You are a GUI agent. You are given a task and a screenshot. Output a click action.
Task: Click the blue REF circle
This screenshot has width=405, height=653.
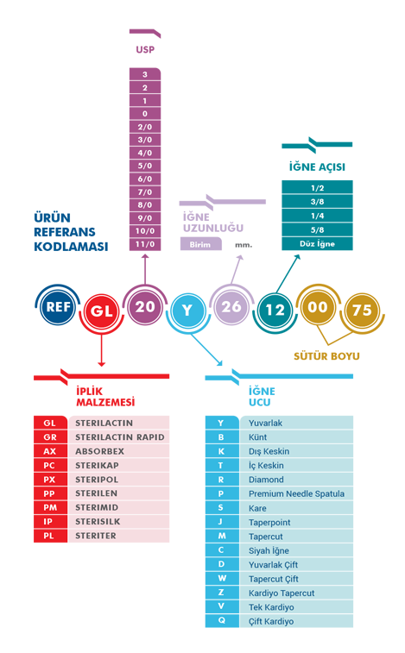click(x=58, y=307)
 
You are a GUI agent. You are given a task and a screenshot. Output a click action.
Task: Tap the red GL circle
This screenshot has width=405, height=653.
click(x=101, y=311)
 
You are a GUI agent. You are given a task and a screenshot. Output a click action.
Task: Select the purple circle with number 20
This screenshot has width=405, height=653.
click(x=145, y=306)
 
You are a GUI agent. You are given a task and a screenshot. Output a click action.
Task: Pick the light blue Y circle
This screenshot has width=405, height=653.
click(x=187, y=311)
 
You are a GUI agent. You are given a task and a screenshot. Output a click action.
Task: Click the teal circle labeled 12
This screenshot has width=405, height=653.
click(x=275, y=310)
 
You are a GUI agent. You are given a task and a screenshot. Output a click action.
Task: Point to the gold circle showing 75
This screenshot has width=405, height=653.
click(x=362, y=310)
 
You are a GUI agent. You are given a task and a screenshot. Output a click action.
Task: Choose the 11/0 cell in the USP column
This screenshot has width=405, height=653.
click(x=145, y=244)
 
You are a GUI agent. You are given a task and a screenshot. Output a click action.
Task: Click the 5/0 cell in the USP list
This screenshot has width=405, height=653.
click(x=145, y=166)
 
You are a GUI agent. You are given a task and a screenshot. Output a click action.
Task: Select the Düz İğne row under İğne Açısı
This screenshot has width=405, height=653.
click(x=318, y=243)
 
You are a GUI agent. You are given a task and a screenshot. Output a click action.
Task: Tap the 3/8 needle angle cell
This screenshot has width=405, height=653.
click(x=318, y=202)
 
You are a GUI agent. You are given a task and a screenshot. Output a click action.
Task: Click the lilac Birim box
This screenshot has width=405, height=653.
click(x=200, y=244)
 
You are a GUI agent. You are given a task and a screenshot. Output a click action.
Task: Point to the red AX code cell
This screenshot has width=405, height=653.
click(x=50, y=451)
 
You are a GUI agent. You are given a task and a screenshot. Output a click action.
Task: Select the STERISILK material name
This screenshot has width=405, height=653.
click(x=98, y=521)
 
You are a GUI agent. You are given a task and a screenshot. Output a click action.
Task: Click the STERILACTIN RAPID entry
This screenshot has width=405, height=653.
click(x=120, y=437)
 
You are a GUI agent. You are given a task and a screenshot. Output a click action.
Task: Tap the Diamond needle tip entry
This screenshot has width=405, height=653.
click(x=266, y=480)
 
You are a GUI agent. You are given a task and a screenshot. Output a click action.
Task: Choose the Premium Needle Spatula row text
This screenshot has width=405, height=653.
click(x=296, y=494)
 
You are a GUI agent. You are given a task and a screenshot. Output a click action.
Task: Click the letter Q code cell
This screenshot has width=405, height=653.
click(x=222, y=620)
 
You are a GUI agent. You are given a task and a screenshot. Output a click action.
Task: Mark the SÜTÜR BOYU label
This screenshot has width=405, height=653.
click(x=326, y=356)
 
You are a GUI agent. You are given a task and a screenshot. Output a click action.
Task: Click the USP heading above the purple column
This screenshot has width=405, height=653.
click(x=145, y=49)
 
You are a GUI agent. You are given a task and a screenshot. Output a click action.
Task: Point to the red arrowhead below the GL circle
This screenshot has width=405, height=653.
click(x=101, y=364)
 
